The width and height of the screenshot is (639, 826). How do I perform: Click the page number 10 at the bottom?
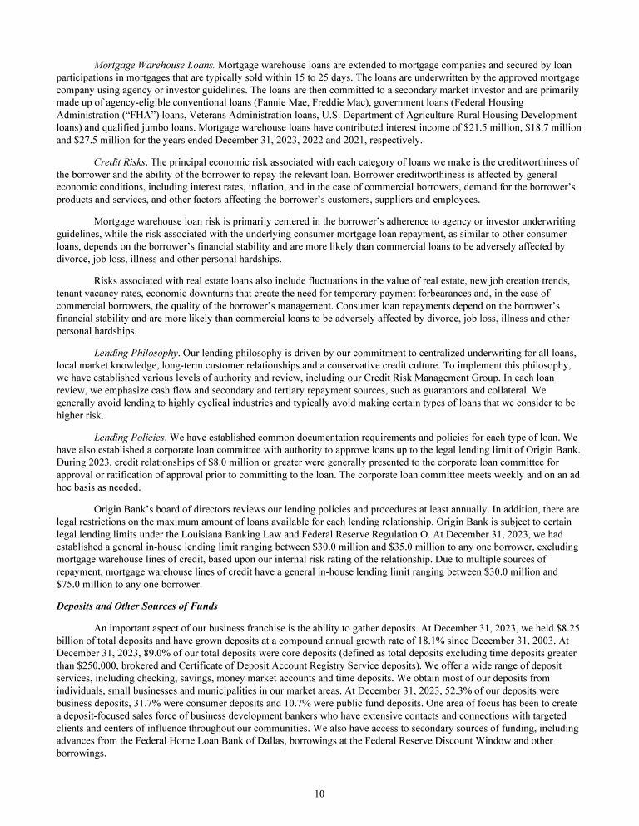pyautogui.click(x=319, y=793)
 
